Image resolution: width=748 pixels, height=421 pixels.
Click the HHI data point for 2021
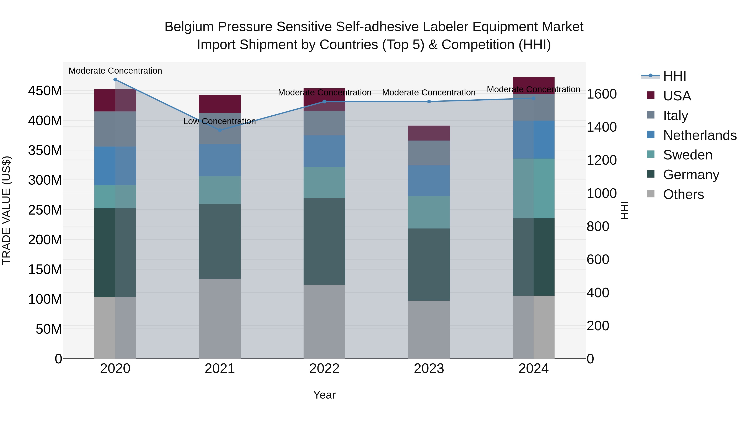(x=220, y=130)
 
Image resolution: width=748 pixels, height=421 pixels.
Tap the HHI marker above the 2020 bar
(x=115, y=80)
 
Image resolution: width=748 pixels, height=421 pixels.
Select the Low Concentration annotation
(x=220, y=121)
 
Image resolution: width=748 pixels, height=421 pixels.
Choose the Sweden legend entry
(x=687, y=155)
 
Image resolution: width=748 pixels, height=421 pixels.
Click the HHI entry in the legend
(x=674, y=76)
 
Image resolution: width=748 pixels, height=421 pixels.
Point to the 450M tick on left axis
(x=45, y=91)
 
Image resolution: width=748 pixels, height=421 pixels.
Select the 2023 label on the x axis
(x=429, y=369)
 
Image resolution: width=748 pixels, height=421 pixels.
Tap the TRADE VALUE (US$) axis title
(x=6, y=210)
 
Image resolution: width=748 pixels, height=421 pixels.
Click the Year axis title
(x=324, y=395)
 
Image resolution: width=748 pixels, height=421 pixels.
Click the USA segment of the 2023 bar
(x=429, y=133)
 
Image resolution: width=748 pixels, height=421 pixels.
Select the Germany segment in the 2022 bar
(x=324, y=241)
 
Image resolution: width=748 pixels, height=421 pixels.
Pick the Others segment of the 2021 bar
(x=220, y=319)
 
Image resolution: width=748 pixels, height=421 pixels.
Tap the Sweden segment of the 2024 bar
(x=533, y=188)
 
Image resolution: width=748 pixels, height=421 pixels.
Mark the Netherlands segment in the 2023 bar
(x=429, y=181)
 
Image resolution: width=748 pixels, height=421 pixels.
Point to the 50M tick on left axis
(x=49, y=329)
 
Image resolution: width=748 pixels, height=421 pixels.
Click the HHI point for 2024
(x=533, y=98)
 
